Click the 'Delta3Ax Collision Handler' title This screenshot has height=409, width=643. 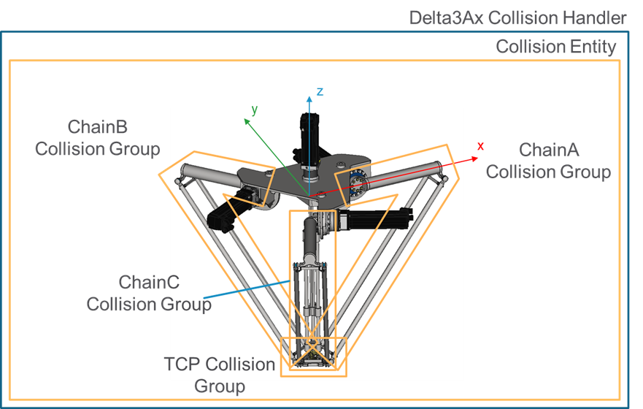pos(518,17)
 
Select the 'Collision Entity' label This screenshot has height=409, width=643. pos(555,47)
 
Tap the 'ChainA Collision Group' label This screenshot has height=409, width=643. pos(548,161)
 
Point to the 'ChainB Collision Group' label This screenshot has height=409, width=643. pos(97,138)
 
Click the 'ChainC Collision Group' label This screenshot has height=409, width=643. pos(149,292)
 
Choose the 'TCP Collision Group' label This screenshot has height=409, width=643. pos(220,374)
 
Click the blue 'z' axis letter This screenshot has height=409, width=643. pos(320,91)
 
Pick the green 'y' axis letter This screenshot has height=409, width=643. pos(255,109)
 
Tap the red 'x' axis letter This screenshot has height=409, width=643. pos(480,145)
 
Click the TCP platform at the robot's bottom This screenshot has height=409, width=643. pos(312,356)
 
